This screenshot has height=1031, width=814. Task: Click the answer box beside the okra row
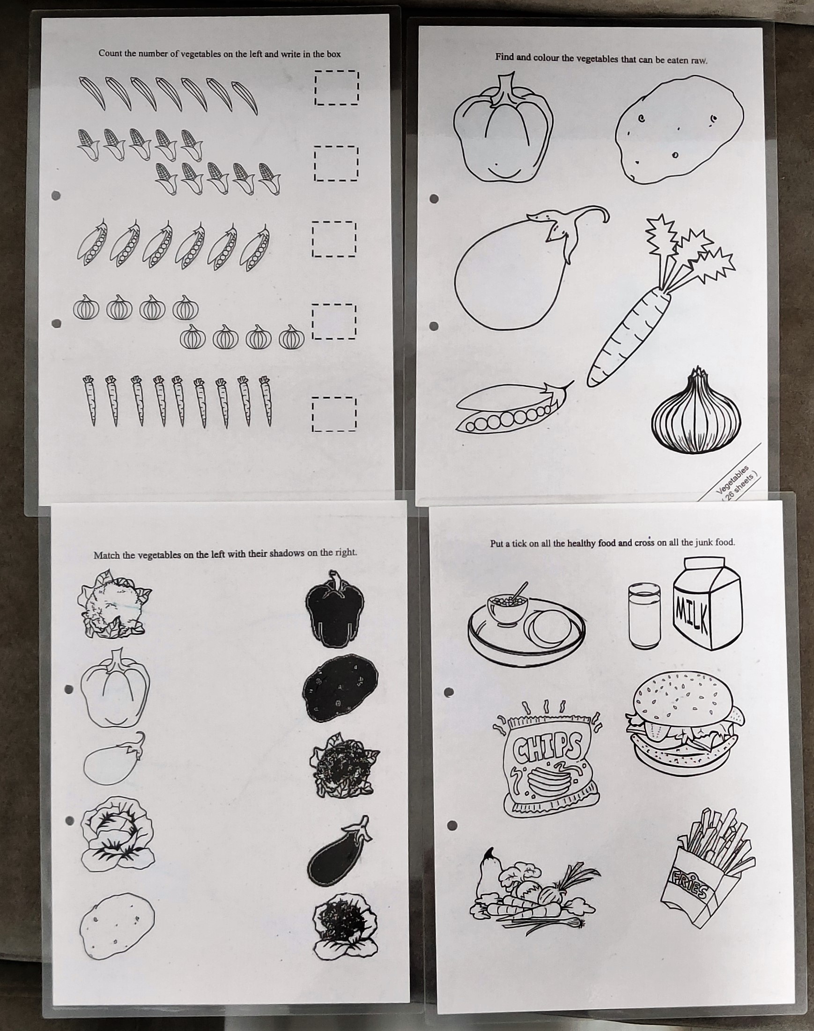336,88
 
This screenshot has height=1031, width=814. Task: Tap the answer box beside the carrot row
334,414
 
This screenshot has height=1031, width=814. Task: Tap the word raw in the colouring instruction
699,61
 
